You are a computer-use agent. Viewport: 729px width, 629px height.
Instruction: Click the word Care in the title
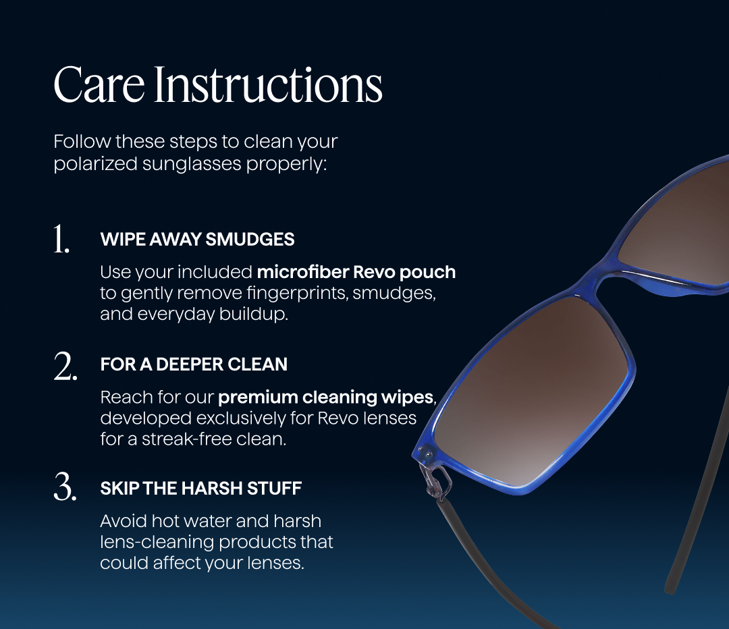pyautogui.click(x=99, y=84)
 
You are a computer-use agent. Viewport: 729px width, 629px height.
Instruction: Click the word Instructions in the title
pyautogui.click(x=268, y=84)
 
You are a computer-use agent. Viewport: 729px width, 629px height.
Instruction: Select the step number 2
pyautogui.click(x=65, y=366)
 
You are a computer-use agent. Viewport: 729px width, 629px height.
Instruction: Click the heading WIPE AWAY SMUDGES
pyautogui.click(x=197, y=239)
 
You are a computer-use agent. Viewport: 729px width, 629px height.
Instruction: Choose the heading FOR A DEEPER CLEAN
pyautogui.click(x=194, y=364)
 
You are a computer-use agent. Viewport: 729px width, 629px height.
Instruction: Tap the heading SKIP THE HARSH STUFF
pyautogui.click(x=201, y=488)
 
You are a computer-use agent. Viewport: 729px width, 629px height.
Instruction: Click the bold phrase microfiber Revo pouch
pyautogui.click(x=356, y=272)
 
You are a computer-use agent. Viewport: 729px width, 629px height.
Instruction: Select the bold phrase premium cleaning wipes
pyautogui.click(x=326, y=398)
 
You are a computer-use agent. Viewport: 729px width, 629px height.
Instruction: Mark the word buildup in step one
pyautogui.click(x=253, y=314)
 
